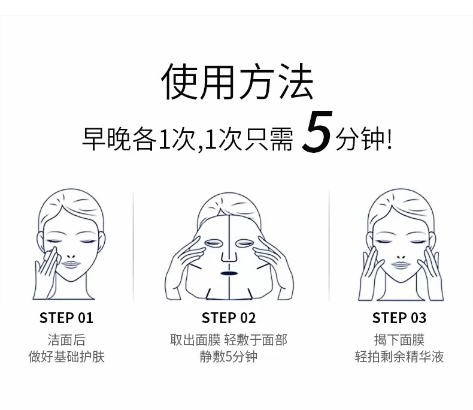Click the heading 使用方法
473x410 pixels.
[237, 82]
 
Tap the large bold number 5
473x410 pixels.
[317, 131]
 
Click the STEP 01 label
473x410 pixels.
[66, 318]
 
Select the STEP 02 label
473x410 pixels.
[229, 318]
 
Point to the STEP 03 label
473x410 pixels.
[399, 318]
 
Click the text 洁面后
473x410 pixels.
[66, 340]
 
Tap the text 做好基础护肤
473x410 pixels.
[66, 357]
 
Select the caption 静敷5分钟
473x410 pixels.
[228, 357]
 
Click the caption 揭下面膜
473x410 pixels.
[399, 340]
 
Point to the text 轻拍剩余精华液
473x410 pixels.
[399, 357]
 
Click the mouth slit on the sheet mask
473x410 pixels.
[229, 273]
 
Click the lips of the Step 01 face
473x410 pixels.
[71, 264]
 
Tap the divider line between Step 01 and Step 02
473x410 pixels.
[133, 246]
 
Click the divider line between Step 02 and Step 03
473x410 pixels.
[329, 246]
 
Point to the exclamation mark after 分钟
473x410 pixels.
[389, 139]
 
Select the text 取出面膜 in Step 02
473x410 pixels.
[195, 340]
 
